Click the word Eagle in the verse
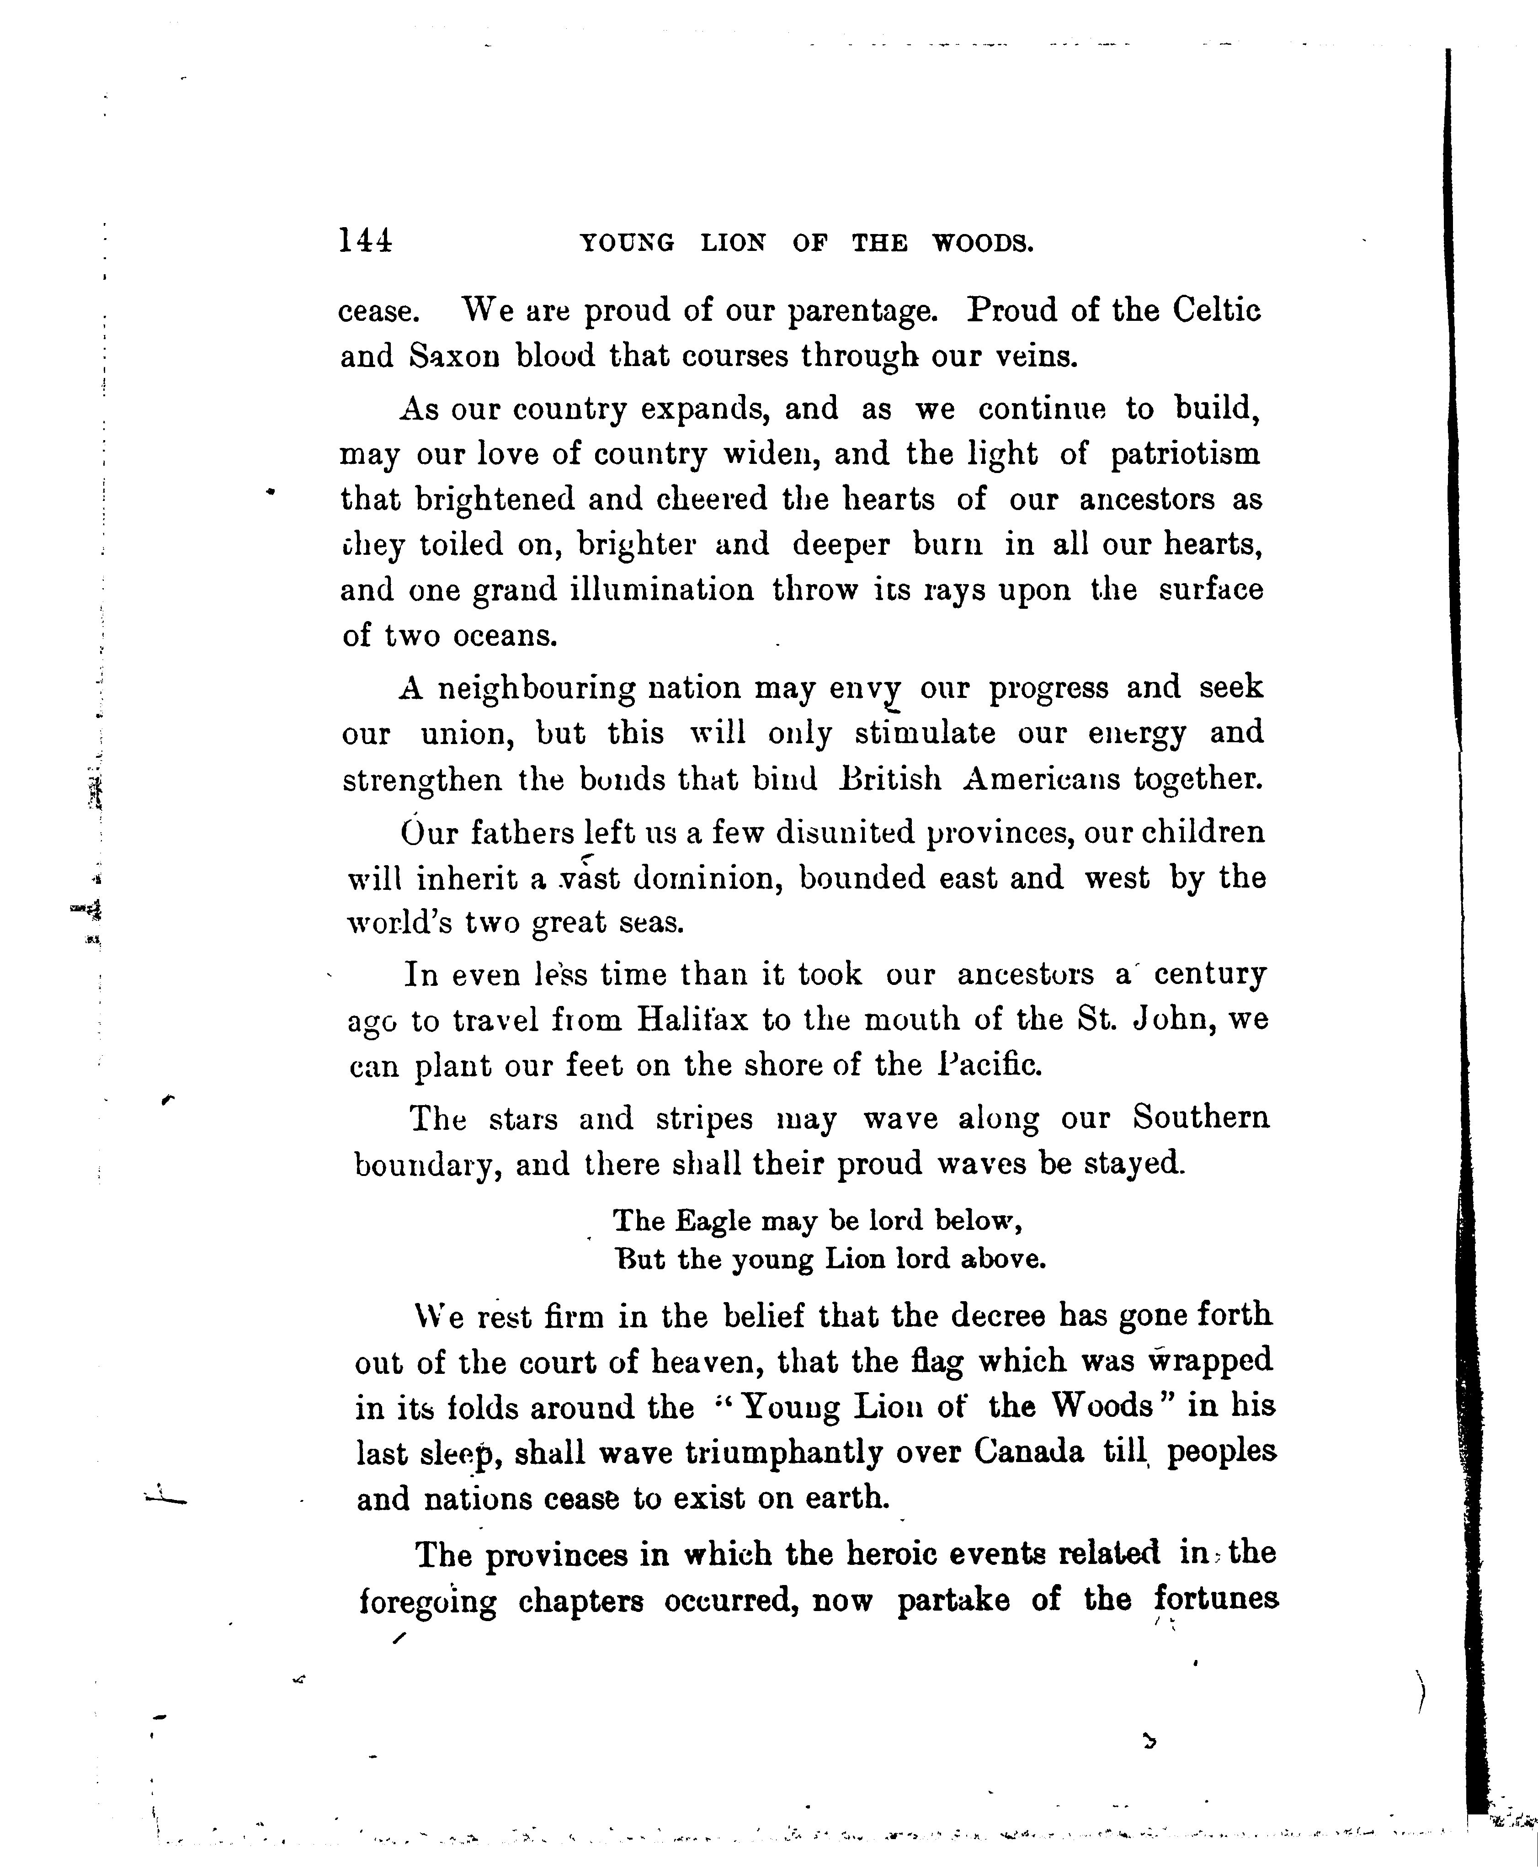(x=713, y=1221)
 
